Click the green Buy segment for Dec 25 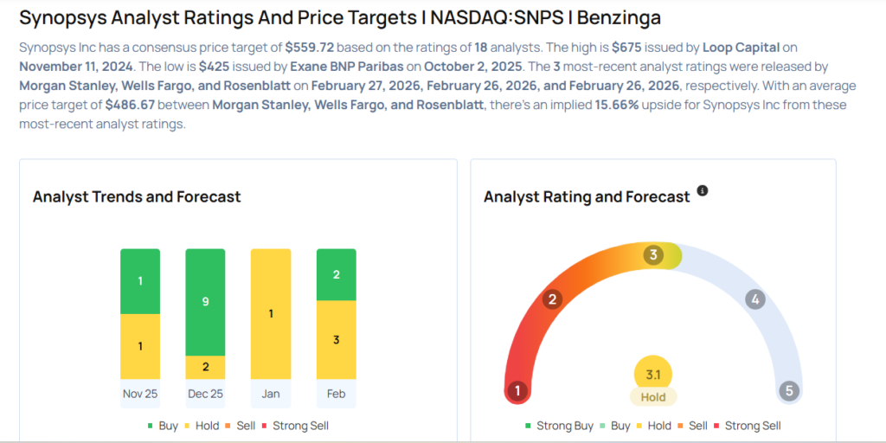[x=205, y=302]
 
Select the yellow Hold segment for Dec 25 [x=205, y=367]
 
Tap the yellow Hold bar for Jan [x=271, y=313]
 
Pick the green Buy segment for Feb [x=337, y=274]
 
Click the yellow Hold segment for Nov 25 [x=140, y=346]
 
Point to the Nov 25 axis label [x=140, y=394]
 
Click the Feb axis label [x=337, y=394]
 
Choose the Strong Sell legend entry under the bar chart [x=300, y=426]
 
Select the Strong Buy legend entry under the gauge [x=559, y=426]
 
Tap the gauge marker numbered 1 [x=517, y=390]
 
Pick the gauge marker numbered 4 [x=755, y=299]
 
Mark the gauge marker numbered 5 [x=788, y=390]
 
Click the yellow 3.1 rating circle [x=653, y=375]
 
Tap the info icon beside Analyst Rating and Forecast [x=703, y=190]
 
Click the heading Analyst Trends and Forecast [x=137, y=197]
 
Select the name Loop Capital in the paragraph [x=735, y=48]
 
